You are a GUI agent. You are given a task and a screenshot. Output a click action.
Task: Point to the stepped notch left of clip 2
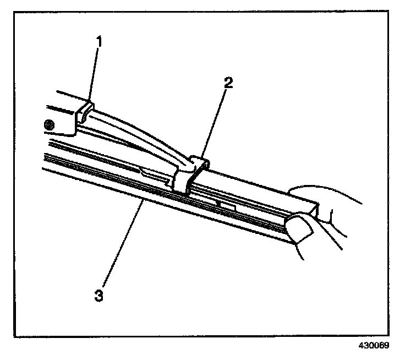tap(146, 171)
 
